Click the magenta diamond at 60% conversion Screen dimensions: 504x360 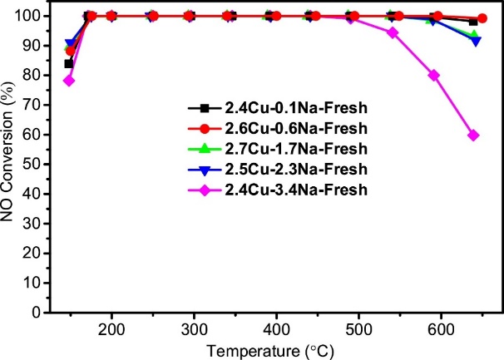[473, 136]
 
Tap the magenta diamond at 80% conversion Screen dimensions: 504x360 [434, 76]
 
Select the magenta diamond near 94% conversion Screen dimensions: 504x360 [393, 32]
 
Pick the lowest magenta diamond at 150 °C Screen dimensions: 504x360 [69, 81]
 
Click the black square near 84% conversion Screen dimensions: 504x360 [69, 64]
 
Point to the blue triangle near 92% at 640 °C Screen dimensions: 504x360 [475, 42]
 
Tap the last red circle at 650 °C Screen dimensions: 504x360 [482, 18]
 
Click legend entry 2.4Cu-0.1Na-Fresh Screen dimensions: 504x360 [277, 108]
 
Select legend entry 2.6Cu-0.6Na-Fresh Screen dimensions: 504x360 [277, 129]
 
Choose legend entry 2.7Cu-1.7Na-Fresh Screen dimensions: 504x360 [277, 149]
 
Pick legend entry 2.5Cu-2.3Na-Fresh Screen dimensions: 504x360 [277, 169]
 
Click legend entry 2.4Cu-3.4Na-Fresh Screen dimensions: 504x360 [277, 190]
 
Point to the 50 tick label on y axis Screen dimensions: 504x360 [32, 165]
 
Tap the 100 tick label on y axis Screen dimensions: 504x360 [27, 16]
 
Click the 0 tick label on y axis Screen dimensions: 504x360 [37, 313]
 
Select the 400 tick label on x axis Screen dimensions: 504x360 [276, 330]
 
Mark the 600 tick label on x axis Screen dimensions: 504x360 [441, 330]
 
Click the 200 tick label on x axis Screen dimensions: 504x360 [111, 330]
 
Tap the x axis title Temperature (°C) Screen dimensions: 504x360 [270, 352]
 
